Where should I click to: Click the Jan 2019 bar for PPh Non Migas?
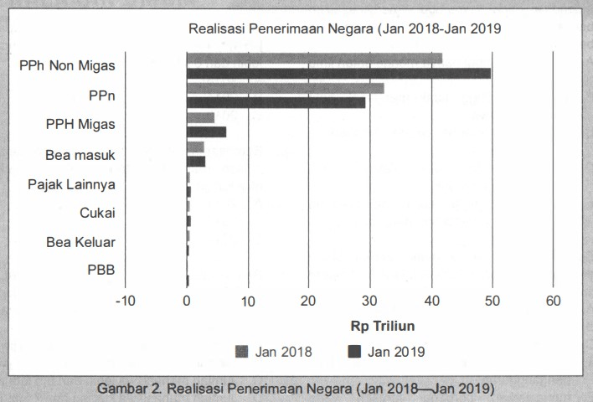pyautogui.click(x=338, y=73)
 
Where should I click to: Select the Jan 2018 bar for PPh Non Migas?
pyautogui.click(x=314, y=58)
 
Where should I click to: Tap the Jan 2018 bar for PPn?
pyautogui.click(x=285, y=88)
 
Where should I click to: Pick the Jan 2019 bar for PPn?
pyautogui.click(x=276, y=102)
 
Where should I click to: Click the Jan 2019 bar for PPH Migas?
pyautogui.click(x=206, y=131)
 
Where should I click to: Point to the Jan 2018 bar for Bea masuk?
pyautogui.click(x=195, y=147)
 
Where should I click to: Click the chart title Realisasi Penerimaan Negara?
pyautogui.click(x=344, y=28)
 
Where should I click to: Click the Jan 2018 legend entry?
pyautogui.click(x=273, y=352)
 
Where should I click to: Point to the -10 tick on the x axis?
pyautogui.click(x=124, y=301)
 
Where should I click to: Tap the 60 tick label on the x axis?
pyautogui.click(x=554, y=301)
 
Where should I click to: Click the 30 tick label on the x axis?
pyautogui.click(x=370, y=301)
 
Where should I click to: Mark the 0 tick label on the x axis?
pyautogui.click(x=187, y=301)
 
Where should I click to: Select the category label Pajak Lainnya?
pyautogui.click(x=71, y=184)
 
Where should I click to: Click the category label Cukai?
pyautogui.click(x=97, y=213)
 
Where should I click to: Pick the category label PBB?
pyautogui.click(x=101, y=270)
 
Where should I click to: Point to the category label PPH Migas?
pyautogui.click(x=80, y=125)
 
